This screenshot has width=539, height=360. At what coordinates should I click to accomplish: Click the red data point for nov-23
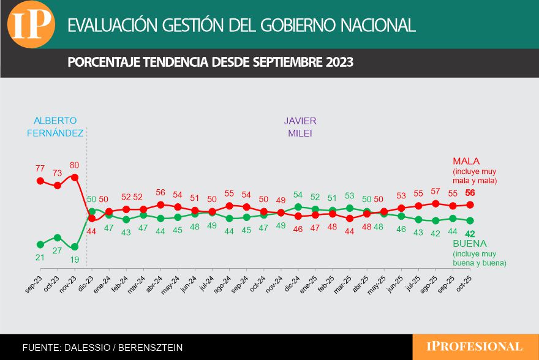click(x=75, y=177)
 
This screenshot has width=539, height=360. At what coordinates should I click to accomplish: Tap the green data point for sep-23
click(x=40, y=244)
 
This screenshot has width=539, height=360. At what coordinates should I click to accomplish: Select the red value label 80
click(x=75, y=165)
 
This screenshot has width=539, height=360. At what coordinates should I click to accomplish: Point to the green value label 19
click(x=74, y=259)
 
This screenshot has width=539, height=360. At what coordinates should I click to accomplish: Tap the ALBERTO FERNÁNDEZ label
click(x=55, y=126)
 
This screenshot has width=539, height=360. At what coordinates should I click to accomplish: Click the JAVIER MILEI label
click(x=300, y=126)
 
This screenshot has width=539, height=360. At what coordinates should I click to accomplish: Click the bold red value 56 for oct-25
click(x=470, y=193)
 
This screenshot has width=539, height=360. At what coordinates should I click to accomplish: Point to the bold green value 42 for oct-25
click(x=470, y=233)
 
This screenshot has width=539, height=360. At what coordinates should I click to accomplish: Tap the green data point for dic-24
click(x=298, y=207)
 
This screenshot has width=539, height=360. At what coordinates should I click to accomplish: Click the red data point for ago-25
click(x=436, y=203)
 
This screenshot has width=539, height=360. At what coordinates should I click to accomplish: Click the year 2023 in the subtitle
click(x=339, y=62)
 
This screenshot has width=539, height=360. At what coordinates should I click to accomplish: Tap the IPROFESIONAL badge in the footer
click(x=475, y=347)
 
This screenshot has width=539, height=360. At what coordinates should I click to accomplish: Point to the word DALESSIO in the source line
click(x=86, y=347)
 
